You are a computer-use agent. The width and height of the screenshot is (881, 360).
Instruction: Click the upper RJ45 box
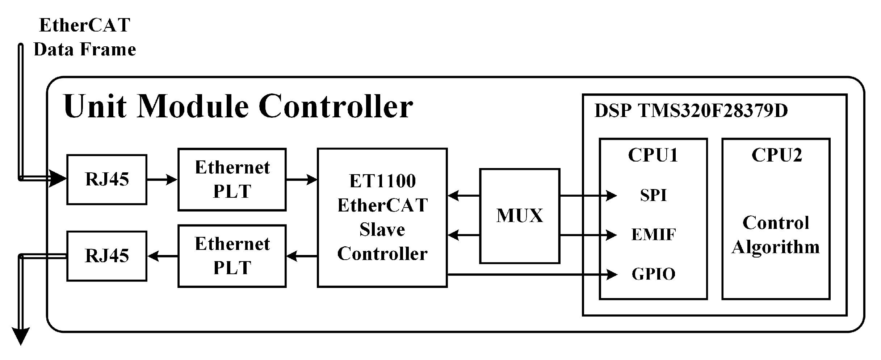tap(106, 179)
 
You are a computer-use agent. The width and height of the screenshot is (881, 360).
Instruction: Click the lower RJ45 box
tap(106, 256)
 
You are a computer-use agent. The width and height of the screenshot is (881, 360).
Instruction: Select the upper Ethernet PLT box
tap(232, 179)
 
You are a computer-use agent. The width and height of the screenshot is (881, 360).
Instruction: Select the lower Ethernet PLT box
tap(232, 256)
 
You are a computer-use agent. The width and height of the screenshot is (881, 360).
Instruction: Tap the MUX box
tap(519, 216)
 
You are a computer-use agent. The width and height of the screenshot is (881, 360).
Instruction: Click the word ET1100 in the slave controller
tap(382, 181)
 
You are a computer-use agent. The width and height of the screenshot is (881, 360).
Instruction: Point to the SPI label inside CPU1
tap(653, 196)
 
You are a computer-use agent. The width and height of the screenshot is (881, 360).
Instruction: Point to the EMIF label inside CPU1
tap(653, 235)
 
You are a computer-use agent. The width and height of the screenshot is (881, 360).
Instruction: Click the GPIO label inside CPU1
tap(653, 274)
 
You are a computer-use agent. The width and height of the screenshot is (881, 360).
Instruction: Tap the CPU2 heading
tap(776, 155)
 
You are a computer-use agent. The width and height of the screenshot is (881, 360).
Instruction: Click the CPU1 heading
tap(653, 155)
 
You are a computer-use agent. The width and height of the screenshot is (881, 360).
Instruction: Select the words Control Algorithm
tap(776, 235)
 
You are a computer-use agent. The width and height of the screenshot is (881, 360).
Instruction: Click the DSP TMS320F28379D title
tap(691, 111)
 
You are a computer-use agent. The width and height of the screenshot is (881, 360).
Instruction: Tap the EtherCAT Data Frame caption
tap(85, 37)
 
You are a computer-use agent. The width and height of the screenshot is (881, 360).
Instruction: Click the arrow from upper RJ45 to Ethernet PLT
tap(162, 179)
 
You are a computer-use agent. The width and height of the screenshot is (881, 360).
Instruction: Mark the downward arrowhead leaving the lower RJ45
tap(21, 336)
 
